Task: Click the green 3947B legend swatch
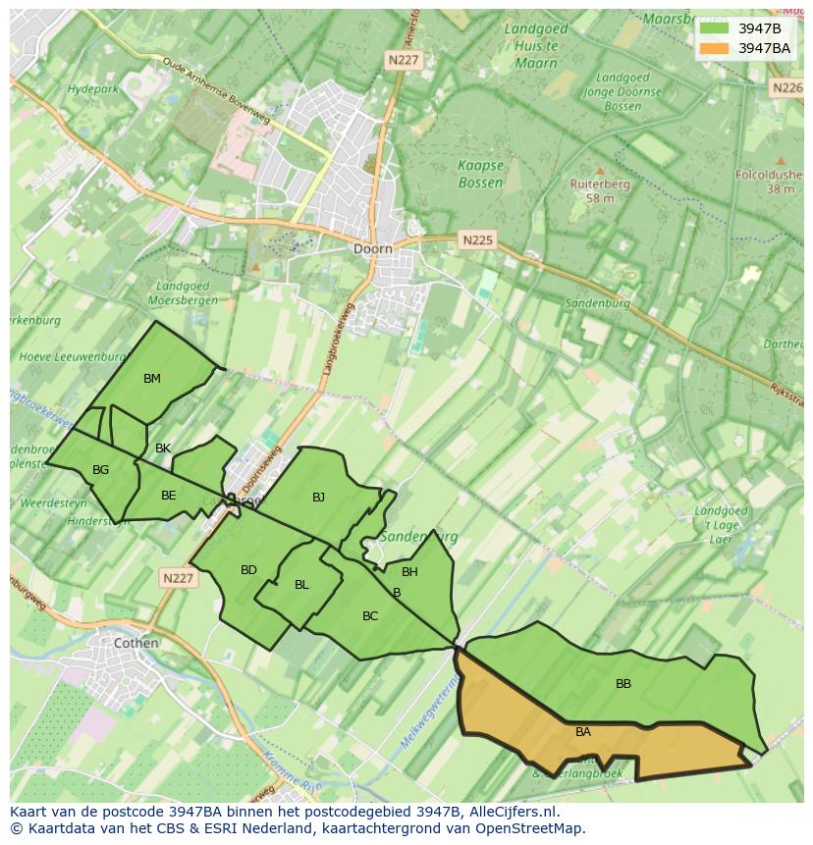pyautogui.click(x=714, y=28)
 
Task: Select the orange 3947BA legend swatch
pyautogui.click(x=714, y=48)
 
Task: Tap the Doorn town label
pyautogui.click(x=372, y=249)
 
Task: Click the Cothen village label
pyautogui.click(x=135, y=644)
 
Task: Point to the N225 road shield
pyautogui.click(x=478, y=239)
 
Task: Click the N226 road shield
pyautogui.click(x=787, y=87)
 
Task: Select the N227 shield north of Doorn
pyautogui.click(x=403, y=60)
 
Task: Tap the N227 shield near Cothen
pyautogui.click(x=178, y=579)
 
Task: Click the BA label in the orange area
pyautogui.click(x=583, y=732)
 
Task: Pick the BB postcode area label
pyautogui.click(x=623, y=684)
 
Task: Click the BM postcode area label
pyautogui.click(x=151, y=379)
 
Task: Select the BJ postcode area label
pyautogui.click(x=318, y=498)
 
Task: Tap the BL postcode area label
pyautogui.click(x=301, y=585)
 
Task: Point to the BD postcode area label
pyautogui.click(x=248, y=570)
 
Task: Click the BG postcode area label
pyautogui.click(x=100, y=470)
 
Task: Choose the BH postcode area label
pyautogui.click(x=409, y=572)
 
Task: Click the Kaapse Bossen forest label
pyautogui.click(x=480, y=175)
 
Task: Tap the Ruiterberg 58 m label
pyautogui.click(x=600, y=190)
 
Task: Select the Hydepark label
pyautogui.click(x=91, y=89)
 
